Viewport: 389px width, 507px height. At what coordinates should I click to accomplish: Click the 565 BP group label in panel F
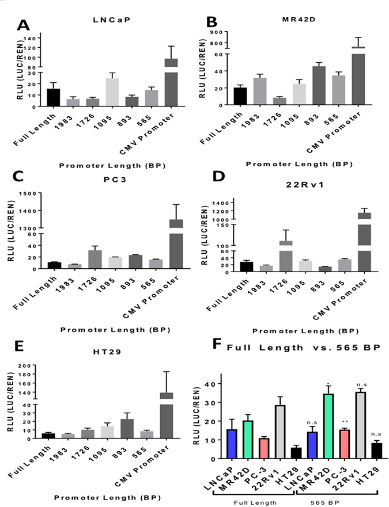point(339,501)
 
